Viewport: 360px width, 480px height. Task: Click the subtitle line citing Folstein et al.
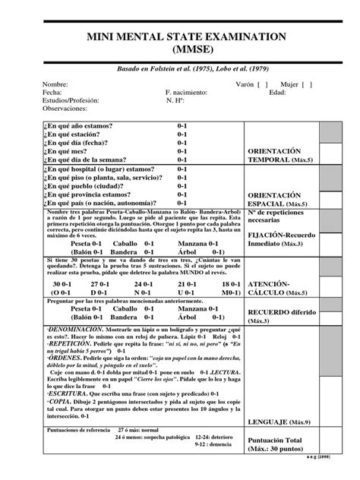[180, 68]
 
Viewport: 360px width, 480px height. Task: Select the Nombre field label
[56, 84]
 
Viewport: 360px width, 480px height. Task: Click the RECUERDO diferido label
[280, 316]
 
